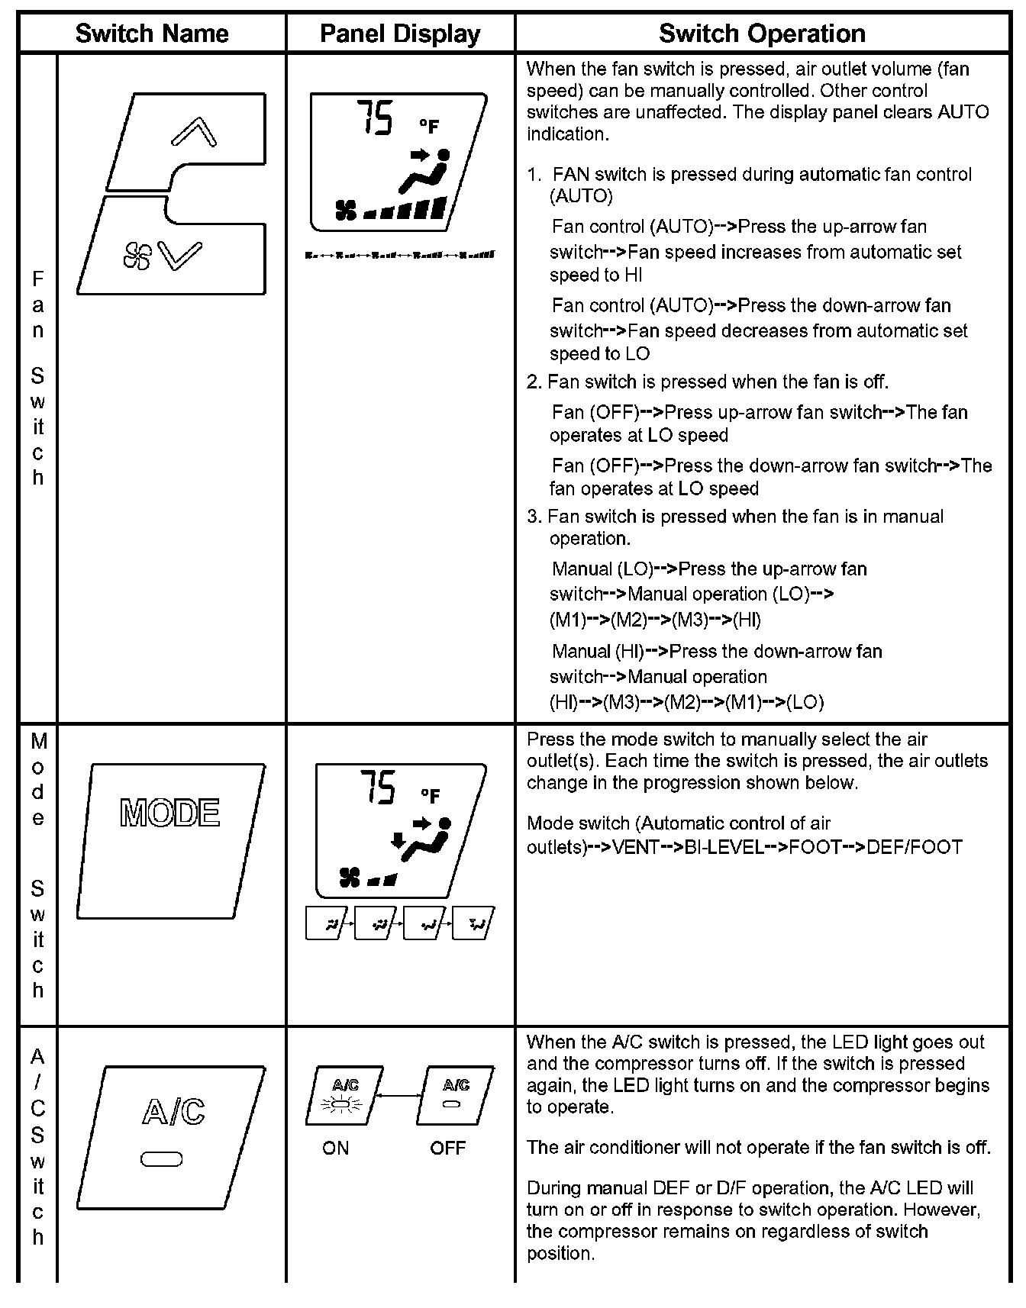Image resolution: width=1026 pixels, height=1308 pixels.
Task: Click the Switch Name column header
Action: click(152, 34)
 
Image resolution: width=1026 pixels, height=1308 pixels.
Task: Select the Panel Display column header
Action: click(400, 34)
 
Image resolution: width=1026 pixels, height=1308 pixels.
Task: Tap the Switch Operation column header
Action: click(762, 34)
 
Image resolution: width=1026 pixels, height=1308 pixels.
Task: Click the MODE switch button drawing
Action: click(171, 839)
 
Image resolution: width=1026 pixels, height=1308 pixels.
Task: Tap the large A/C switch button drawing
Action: click(171, 1136)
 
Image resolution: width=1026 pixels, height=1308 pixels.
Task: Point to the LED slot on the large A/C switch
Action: click(161, 1160)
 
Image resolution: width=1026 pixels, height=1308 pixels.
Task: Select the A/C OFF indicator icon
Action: click(454, 1096)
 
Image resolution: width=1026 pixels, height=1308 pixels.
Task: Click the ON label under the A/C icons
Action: click(335, 1149)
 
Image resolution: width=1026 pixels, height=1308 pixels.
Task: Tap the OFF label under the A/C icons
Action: click(447, 1149)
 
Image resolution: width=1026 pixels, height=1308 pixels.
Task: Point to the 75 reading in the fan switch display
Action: click(375, 119)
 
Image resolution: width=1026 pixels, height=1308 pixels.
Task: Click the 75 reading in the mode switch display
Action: click(378, 787)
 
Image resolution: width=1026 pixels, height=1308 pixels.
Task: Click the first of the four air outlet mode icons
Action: click(327, 923)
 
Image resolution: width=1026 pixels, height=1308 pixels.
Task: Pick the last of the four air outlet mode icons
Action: click(473, 923)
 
